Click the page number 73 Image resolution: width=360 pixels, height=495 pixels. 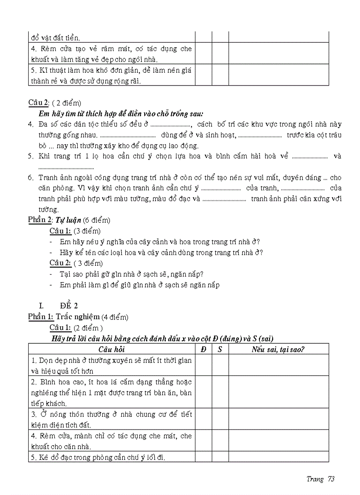331,479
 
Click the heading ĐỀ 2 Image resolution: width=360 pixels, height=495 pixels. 69,305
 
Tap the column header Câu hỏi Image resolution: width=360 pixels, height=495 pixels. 112,349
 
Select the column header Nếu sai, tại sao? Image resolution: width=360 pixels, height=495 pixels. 278,349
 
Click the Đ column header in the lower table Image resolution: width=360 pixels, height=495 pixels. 203,349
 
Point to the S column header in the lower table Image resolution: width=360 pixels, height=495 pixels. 220,349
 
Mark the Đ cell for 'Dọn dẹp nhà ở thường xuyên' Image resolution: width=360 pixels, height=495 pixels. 203,365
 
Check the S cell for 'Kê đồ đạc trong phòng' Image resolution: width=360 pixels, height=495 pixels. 220,457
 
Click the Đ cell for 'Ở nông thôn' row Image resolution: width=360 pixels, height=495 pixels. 203,419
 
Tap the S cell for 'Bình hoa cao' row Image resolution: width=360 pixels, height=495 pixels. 220,392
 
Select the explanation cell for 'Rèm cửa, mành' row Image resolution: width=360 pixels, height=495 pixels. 278,441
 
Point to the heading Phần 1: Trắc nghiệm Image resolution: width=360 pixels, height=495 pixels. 78,316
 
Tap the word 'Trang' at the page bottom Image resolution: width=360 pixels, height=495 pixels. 315,479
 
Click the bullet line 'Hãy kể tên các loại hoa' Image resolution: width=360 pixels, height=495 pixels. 161,253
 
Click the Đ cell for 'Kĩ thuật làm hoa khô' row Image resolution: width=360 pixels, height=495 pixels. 203,74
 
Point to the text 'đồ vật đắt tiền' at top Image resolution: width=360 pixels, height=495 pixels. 55,38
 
